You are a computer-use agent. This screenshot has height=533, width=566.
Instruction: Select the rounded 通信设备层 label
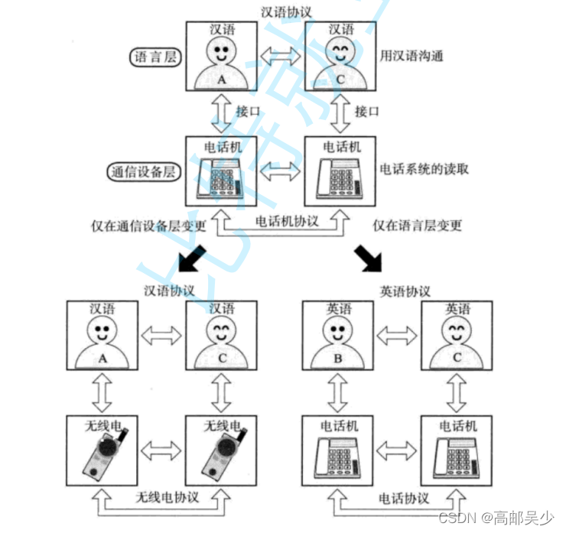[x=142, y=171]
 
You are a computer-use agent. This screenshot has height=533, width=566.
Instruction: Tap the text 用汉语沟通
[x=411, y=57]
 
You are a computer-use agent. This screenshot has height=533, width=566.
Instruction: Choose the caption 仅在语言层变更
[x=418, y=226]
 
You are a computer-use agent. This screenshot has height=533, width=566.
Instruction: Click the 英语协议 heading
[x=405, y=291]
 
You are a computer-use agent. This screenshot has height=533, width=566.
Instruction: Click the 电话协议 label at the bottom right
[x=404, y=499]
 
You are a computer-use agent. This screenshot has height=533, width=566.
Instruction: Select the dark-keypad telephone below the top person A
[x=220, y=178]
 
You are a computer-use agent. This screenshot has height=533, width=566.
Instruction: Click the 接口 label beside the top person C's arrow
[x=367, y=112]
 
